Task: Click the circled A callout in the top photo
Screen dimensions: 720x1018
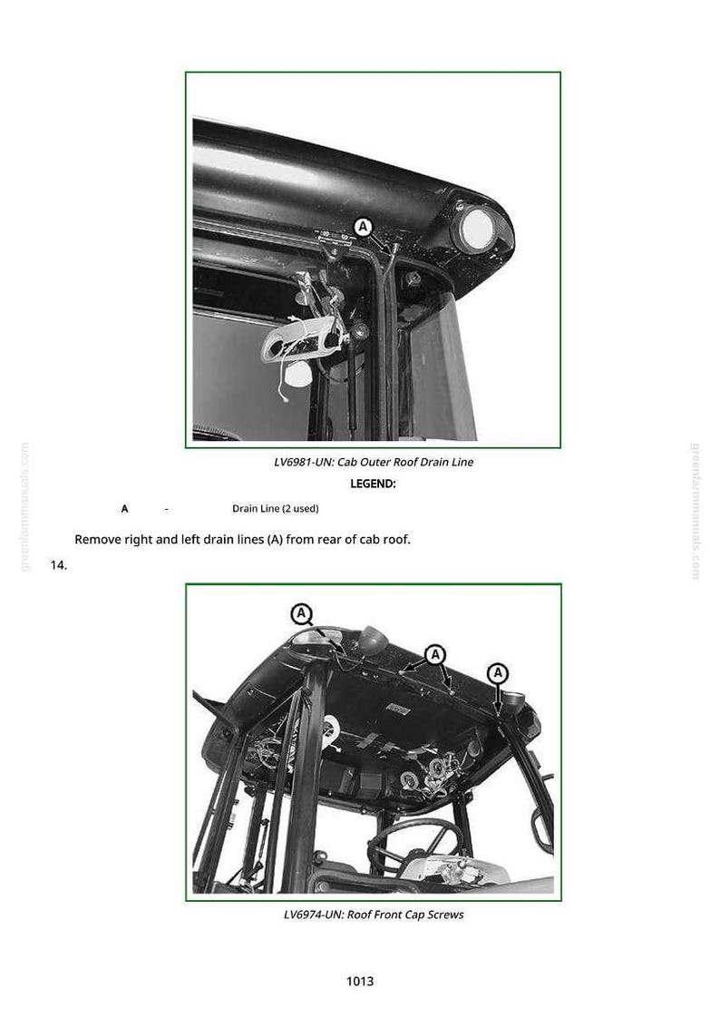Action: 364,227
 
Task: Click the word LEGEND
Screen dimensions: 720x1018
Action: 373,484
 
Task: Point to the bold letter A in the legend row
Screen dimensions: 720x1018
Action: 124,509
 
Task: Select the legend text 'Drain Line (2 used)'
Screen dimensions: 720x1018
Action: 276,508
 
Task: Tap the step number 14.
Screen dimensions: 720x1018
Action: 58,565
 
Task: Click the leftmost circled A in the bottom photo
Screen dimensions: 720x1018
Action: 302,613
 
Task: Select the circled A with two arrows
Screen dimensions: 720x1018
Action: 435,654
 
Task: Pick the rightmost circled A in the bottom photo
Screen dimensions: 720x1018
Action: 498,672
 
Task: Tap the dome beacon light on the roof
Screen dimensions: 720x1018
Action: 373,640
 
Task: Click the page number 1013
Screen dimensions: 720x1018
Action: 360,981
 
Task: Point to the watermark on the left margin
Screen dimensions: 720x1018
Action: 24,507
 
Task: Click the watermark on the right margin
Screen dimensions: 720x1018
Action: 696,511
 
